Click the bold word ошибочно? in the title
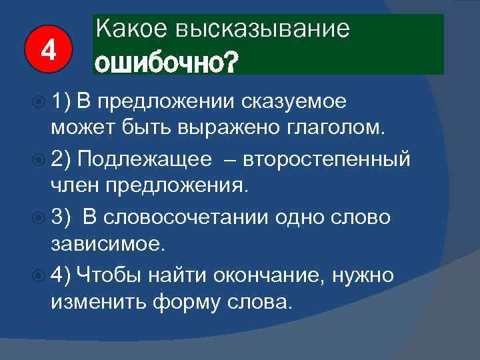coord(165,62)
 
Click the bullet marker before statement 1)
coord(37,101)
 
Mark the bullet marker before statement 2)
coord(37,160)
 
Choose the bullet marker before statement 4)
coord(37,275)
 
